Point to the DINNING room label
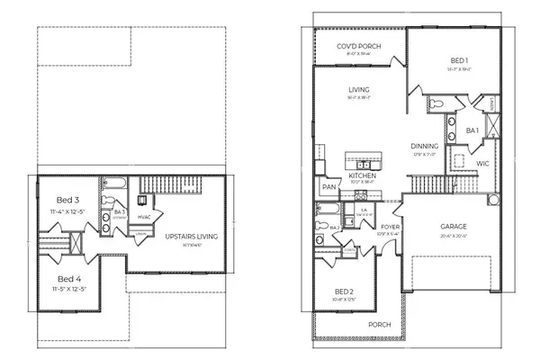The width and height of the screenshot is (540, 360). pyautogui.click(x=425, y=146)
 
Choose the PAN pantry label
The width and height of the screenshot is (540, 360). pyautogui.click(x=328, y=187)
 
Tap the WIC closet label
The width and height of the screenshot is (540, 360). pyautogui.click(x=482, y=164)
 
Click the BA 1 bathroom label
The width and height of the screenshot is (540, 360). pyautogui.click(x=472, y=131)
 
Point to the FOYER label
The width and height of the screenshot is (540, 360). pyautogui.click(x=390, y=228)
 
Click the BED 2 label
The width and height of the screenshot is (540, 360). pyautogui.click(x=344, y=292)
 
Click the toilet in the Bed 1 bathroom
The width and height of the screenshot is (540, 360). pyautogui.click(x=433, y=103)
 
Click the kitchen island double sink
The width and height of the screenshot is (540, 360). pyautogui.click(x=364, y=165)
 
